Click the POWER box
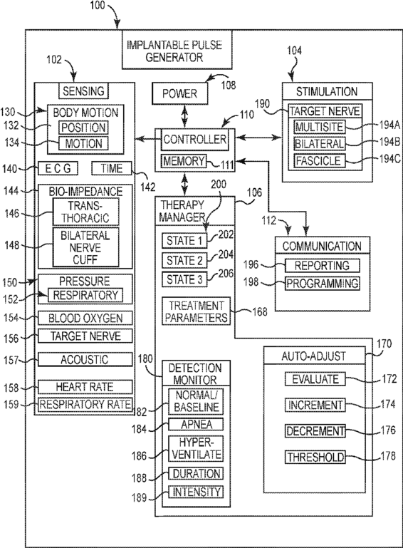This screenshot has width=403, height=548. pos(180,93)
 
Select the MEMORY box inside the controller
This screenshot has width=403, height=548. pos(184,161)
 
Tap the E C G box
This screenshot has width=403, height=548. pos(58,168)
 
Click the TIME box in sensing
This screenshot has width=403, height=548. pos(112,168)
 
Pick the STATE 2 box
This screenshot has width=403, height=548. pos(184,260)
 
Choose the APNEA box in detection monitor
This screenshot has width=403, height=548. pos(196,424)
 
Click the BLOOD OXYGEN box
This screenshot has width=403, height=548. pos(85,318)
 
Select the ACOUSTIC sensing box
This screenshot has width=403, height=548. pos(85,359)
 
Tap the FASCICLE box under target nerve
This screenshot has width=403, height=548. pos(319,161)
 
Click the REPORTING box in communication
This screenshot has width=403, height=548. pos(323,265)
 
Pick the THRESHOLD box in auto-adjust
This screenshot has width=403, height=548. pos(315,457)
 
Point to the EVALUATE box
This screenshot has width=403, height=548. pos(315,379)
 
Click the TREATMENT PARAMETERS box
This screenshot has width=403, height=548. pos(197,311)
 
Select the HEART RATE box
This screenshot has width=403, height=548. pos(85,387)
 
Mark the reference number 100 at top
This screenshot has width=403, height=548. pos(98,5)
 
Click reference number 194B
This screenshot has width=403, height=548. pos(390,142)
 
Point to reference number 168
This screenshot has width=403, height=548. pos(260,311)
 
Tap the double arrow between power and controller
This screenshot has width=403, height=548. pos(184,116)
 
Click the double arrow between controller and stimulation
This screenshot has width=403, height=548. pos(258,138)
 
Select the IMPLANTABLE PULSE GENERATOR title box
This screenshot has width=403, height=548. pos(177,50)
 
